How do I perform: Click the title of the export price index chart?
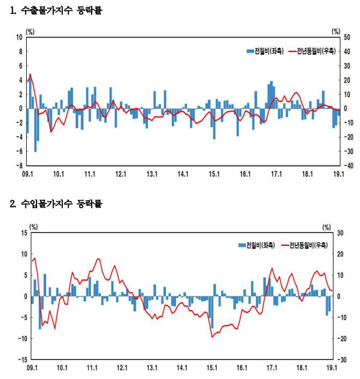56,10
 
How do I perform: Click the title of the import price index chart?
56,203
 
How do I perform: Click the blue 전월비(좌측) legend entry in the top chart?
265,51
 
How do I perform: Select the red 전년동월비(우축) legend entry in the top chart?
312,51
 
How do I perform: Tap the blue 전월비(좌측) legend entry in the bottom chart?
256,245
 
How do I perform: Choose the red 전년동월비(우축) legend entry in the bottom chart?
304,245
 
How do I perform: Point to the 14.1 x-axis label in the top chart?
183,174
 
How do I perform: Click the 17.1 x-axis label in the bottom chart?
272,368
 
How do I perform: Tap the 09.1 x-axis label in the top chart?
27,174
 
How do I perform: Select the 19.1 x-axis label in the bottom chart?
332,368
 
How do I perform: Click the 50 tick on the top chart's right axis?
347,37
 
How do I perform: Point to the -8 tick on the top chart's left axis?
19,165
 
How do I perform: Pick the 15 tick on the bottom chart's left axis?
24,233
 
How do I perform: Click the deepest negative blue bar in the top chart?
35,130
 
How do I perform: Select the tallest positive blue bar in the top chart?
30,91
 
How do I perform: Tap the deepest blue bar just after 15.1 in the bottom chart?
212,312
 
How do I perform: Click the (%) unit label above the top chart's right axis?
336,31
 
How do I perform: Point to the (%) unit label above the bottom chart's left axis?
34,227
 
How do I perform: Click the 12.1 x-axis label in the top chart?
121,174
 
